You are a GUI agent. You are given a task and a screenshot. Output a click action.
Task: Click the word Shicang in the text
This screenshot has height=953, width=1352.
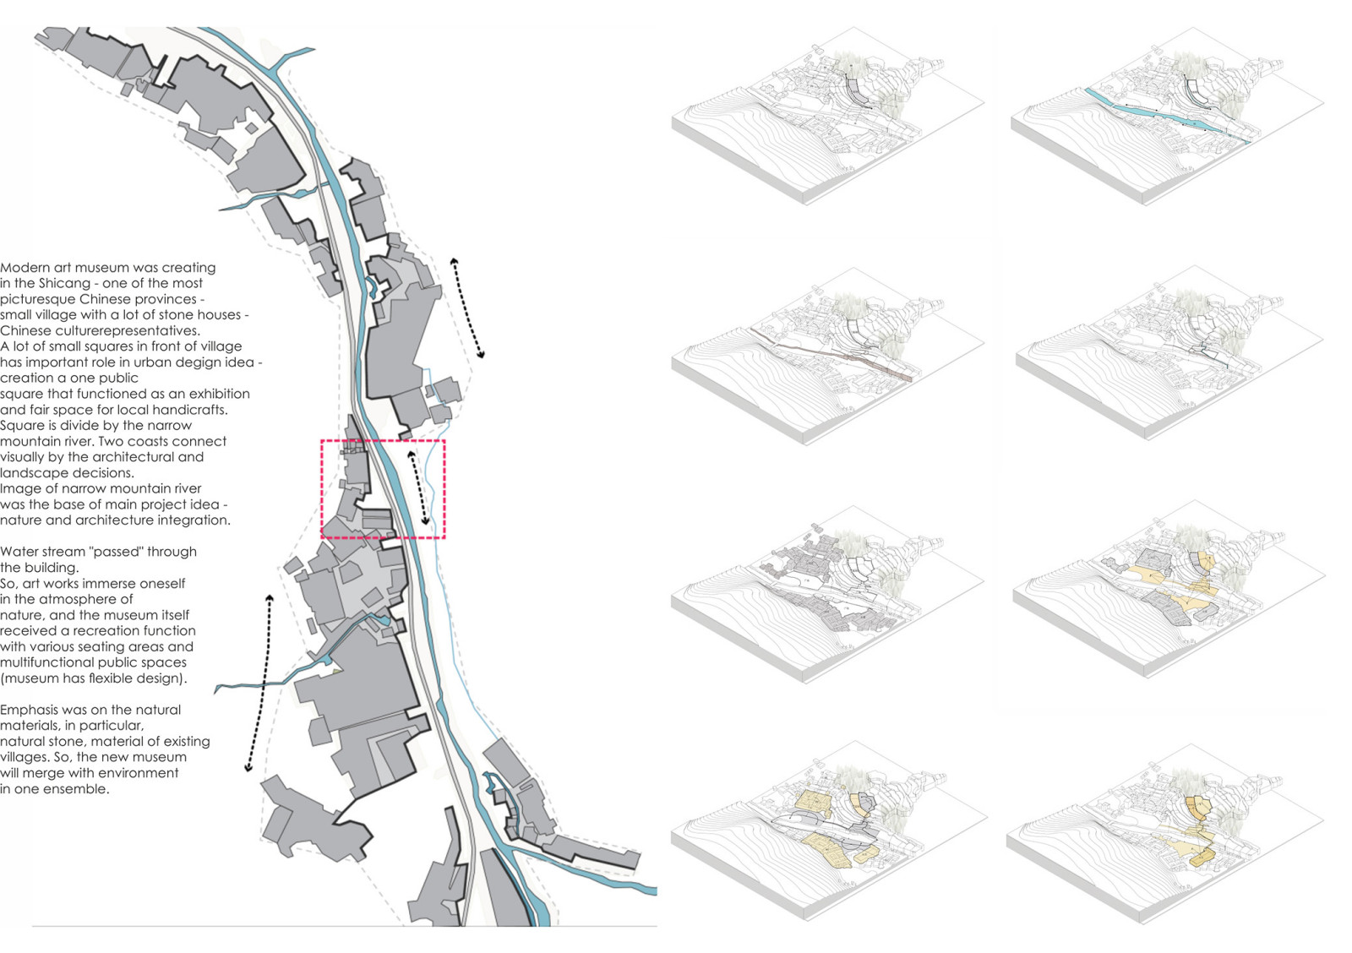pos(64,283)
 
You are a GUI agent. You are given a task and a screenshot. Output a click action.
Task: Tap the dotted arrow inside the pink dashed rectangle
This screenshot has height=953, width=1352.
pos(418,487)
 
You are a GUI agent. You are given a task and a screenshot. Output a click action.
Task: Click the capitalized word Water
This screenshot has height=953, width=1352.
pos(19,552)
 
